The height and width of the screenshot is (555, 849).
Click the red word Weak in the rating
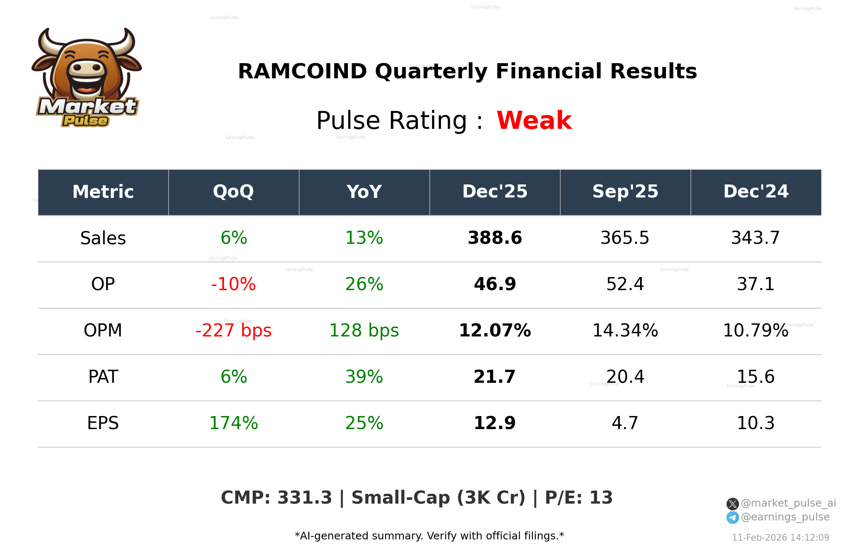534,120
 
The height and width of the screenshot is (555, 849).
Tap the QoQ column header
233,192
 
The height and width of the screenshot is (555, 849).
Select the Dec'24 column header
756,192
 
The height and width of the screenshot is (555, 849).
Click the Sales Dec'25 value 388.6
494,238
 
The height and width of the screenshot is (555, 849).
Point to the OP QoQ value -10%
233,285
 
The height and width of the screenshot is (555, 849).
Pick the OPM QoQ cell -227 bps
233,331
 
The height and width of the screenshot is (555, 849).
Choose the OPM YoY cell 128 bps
364,331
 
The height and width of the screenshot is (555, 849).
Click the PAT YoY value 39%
364,377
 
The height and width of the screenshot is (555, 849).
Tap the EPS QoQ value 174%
233,424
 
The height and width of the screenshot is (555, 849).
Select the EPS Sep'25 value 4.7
625,424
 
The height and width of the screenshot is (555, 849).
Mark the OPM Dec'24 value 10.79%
756,331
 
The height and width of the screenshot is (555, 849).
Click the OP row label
103,285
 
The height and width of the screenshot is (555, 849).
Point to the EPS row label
103,424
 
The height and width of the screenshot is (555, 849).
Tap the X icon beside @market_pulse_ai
732,504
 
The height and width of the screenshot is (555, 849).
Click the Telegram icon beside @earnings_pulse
732,518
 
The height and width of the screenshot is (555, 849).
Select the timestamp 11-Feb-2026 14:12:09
780,538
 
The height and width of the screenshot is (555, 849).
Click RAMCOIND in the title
302,72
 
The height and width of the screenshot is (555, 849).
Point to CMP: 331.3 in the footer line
276,498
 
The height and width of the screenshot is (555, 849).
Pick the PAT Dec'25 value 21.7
494,377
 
